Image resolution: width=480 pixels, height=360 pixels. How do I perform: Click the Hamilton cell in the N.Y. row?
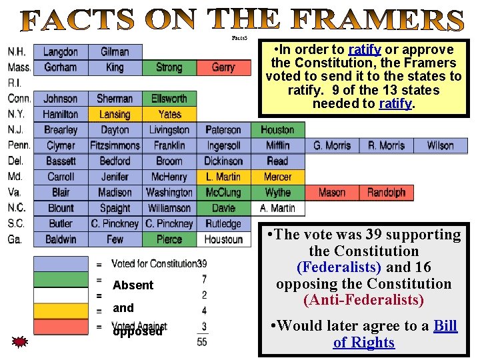click(61, 114)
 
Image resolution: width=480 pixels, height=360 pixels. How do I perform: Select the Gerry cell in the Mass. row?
click(223, 67)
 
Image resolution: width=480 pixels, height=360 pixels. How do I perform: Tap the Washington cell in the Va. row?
click(169, 192)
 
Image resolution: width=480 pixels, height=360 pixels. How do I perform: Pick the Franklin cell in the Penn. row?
click(169, 145)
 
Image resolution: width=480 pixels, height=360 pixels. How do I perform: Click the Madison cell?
click(115, 192)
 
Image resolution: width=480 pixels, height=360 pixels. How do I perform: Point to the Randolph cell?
click(386, 192)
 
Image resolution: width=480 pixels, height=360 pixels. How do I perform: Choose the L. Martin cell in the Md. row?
click(223, 177)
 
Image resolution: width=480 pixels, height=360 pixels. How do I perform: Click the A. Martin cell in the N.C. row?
click(278, 208)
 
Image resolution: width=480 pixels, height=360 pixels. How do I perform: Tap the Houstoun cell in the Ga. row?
click(223, 239)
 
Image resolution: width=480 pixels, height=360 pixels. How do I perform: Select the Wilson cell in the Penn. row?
click(440, 145)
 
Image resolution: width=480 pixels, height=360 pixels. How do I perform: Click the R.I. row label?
click(15, 83)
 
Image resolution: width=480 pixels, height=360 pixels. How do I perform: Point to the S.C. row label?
click(16, 224)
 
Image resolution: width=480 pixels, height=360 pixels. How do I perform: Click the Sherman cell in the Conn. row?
click(115, 99)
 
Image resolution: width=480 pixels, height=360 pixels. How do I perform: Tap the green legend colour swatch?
click(61, 279)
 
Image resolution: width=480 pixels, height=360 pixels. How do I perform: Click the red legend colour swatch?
click(61, 327)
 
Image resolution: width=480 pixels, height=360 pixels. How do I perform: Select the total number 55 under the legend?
click(202, 342)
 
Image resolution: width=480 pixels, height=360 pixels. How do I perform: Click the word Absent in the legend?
click(133, 285)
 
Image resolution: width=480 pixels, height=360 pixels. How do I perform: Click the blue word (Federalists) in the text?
click(339, 267)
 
